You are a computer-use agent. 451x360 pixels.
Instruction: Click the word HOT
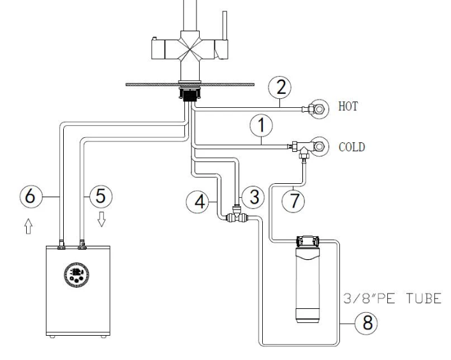pos(347,109)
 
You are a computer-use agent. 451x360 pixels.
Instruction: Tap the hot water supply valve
pos(315,108)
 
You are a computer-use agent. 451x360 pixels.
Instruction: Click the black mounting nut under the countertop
pos(189,95)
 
